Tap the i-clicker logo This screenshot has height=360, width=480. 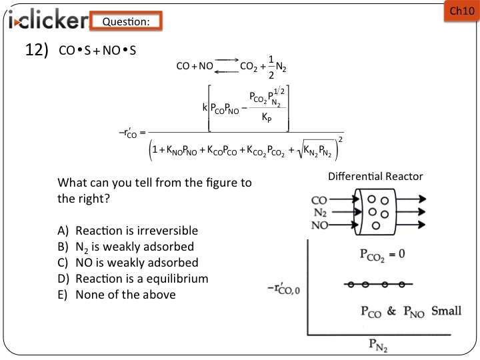(46, 21)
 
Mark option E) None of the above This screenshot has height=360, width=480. (117, 294)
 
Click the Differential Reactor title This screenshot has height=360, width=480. (375, 177)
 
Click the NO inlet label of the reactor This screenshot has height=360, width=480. (319, 226)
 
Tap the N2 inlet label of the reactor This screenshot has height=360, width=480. (319, 212)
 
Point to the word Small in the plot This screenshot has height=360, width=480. (446, 311)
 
